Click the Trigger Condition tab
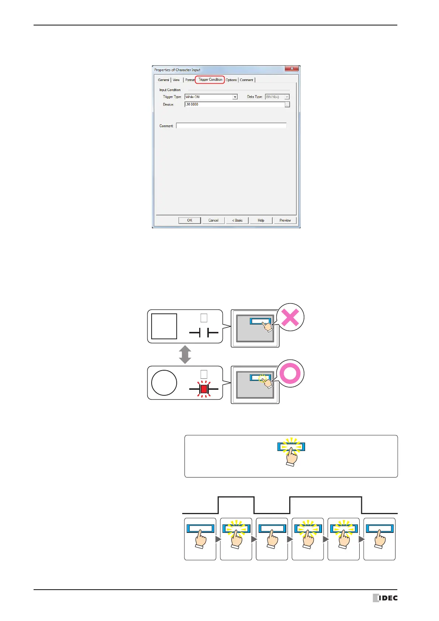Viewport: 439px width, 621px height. [x=210, y=80]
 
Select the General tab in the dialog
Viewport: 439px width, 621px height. [x=163, y=80]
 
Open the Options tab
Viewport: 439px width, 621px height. [x=231, y=80]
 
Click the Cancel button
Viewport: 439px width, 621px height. [x=213, y=221]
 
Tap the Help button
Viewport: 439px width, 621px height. [x=261, y=221]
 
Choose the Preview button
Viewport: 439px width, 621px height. [x=285, y=221]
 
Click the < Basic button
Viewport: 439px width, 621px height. [x=237, y=221]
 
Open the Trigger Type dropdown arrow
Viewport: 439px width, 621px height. [x=235, y=97]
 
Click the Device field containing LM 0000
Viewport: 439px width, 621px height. [x=234, y=105]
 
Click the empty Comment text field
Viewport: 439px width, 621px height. [x=231, y=126]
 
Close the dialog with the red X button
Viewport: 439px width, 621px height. [x=291, y=69]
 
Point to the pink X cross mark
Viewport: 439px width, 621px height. [x=290, y=318]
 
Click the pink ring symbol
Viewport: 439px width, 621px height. [x=290, y=374]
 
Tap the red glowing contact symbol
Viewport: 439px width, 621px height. [x=204, y=389]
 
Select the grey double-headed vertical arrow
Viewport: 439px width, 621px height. [x=185, y=355]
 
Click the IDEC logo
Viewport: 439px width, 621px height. [x=385, y=598]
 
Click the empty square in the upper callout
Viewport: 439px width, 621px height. [x=164, y=326]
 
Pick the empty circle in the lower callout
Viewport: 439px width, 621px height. [x=164, y=383]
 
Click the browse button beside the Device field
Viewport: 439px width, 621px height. [x=287, y=105]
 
